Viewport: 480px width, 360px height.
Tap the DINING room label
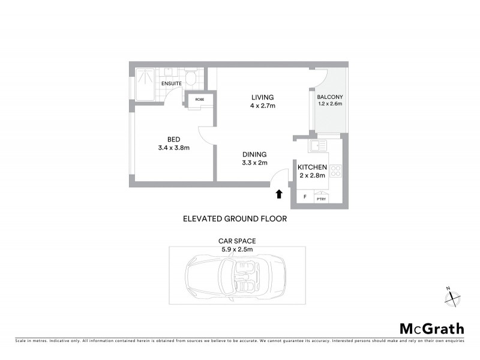254,154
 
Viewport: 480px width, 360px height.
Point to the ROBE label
200,100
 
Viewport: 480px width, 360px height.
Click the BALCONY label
329,95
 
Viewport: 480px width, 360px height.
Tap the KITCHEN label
312,167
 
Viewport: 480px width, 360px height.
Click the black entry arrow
278,194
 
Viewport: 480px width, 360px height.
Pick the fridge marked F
304,197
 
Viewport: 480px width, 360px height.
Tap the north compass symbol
454,295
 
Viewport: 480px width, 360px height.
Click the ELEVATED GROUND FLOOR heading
235,219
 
